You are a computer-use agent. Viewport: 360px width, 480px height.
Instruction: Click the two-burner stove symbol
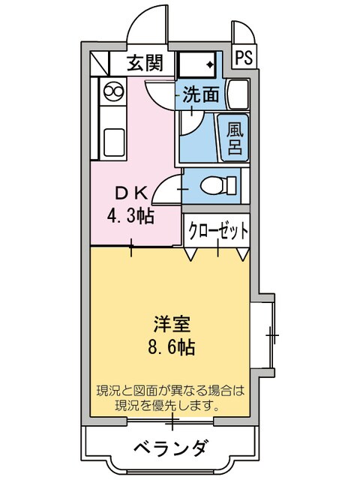pyautogui.click(x=115, y=92)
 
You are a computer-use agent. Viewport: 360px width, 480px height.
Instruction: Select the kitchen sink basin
pyautogui.click(x=115, y=141)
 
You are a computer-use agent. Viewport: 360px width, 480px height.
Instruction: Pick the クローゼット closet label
pyautogui.click(x=217, y=232)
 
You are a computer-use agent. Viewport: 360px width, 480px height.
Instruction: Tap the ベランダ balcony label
pyautogui.click(x=170, y=448)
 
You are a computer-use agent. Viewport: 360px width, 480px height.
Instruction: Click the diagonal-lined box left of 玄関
pyautogui.click(x=100, y=62)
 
